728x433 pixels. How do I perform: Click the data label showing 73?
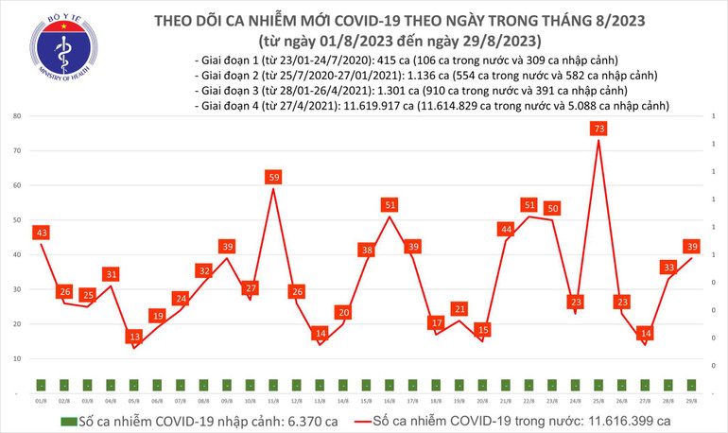point(598,128)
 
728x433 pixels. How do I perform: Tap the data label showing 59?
point(273,177)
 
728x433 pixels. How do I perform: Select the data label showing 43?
point(41,232)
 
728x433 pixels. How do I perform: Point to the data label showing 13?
point(135,337)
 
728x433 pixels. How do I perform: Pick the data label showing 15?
point(483,329)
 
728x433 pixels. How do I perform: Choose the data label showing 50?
point(552,208)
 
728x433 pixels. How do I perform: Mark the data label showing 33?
point(668,268)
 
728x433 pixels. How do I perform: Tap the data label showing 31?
point(112,274)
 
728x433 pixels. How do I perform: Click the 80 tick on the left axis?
point(16,116)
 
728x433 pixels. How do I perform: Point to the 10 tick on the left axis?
point(16,359)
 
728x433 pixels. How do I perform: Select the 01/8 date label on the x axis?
point(41,400)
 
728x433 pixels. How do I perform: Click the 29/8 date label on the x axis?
point(691,400)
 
